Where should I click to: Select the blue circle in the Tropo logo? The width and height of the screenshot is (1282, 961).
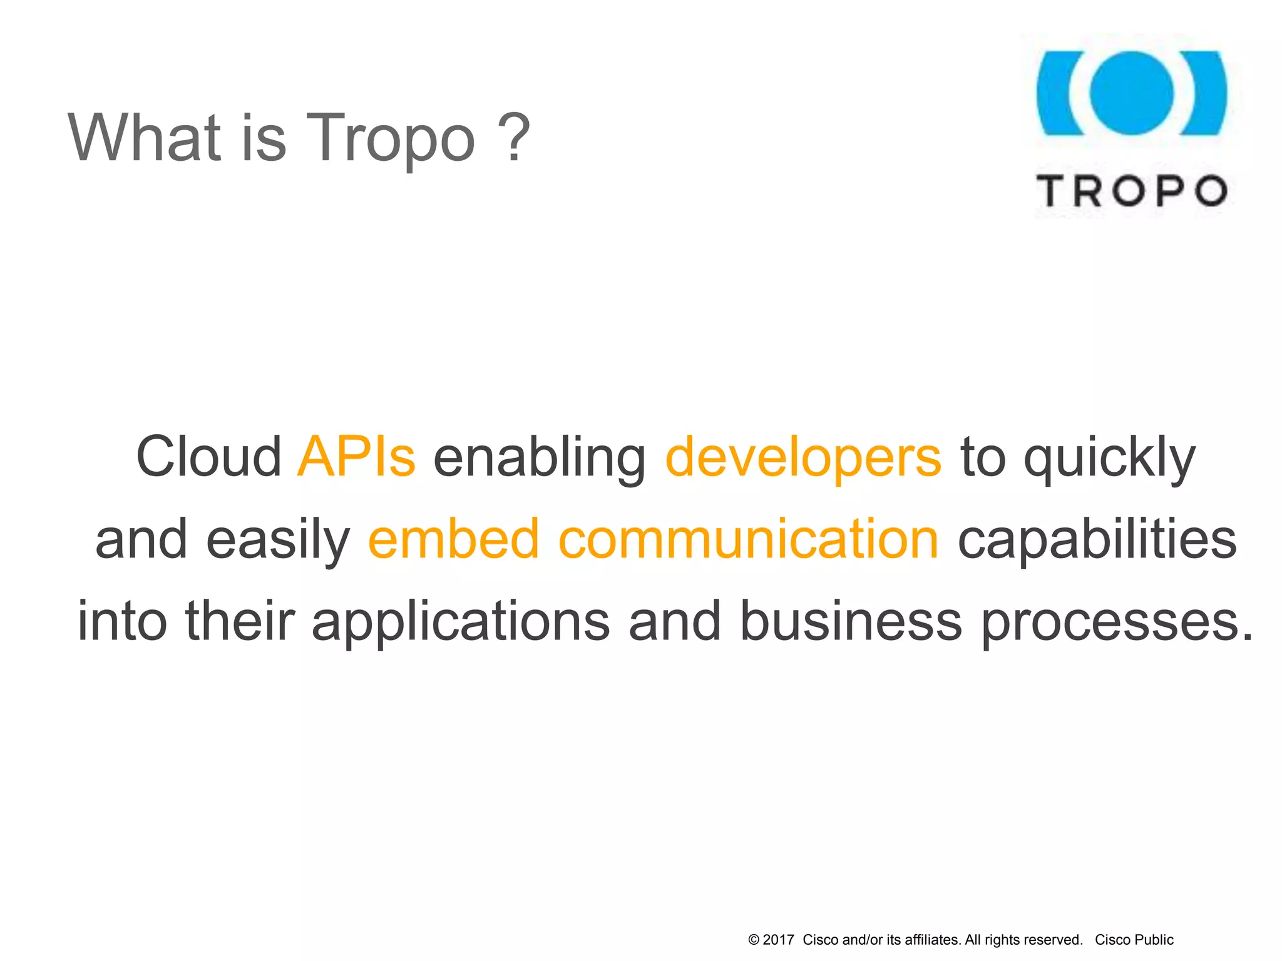(x=1131, y=93)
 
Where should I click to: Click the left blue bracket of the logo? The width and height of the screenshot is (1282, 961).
(x=1057, y=93)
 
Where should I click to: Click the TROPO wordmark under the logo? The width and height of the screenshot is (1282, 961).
(x=1132, y=190)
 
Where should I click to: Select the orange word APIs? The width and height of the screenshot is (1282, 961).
(x=356, y=457)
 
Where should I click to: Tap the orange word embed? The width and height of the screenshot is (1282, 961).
(x=454, y=539)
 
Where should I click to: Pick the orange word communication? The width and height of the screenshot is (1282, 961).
(x=748, y=539)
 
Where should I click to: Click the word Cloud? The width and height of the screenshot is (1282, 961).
(x=208, y=457)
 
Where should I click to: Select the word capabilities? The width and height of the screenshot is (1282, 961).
(x=1097, y=540)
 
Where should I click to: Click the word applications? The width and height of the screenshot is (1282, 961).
(x=461, y=622)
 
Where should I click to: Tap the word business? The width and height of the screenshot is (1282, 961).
(x=851, y=621)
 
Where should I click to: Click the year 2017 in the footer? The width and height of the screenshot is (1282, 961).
(x=778, y=940)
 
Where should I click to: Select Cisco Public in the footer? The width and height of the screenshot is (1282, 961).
(x=1134, y=940)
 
